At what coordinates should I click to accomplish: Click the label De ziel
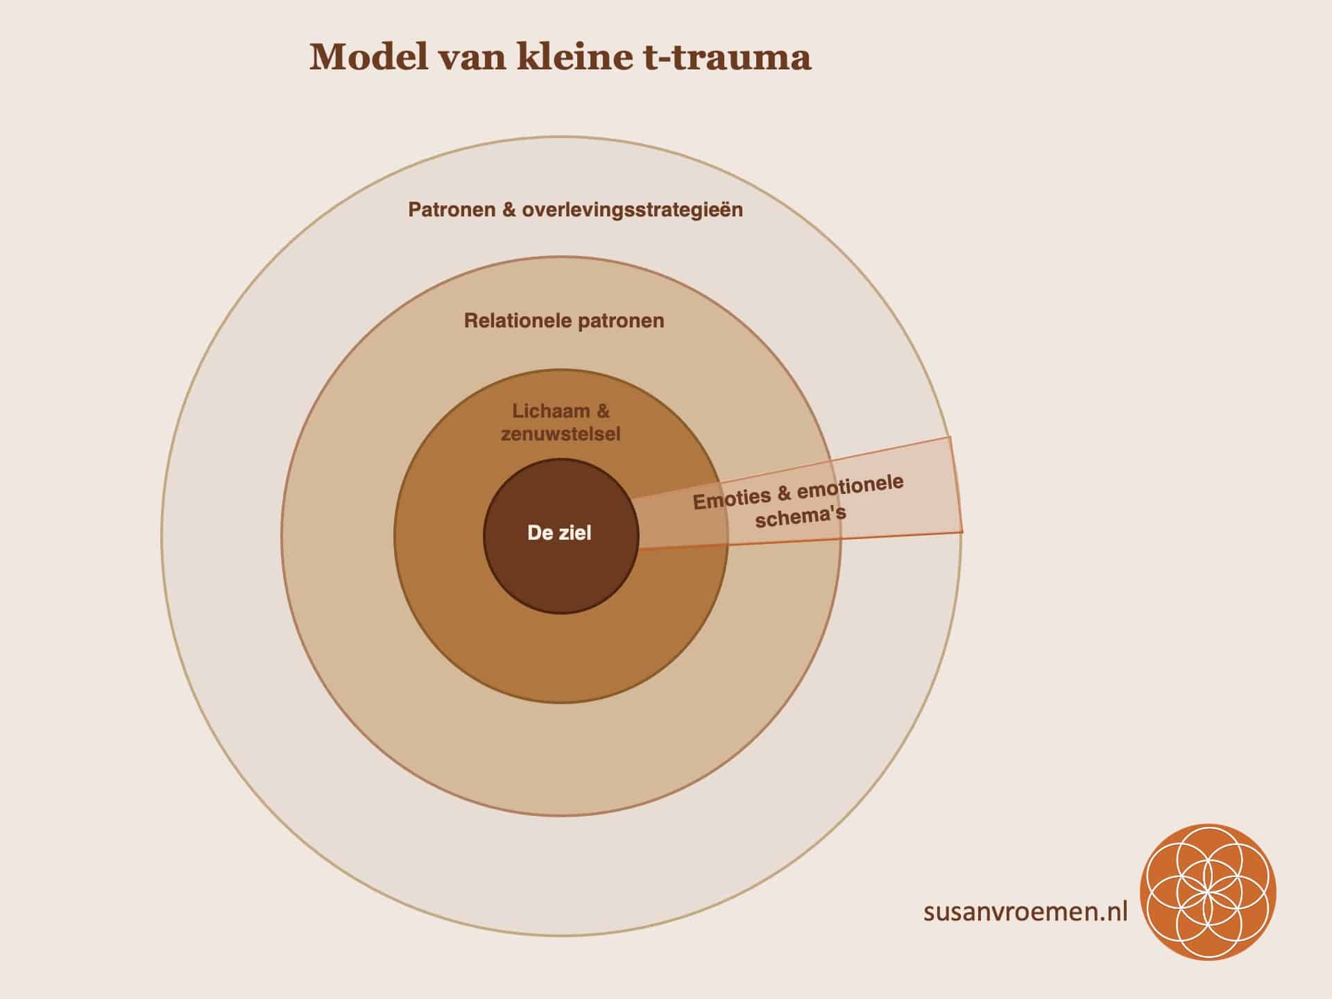click(559, 533)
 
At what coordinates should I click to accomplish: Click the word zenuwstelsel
click(561, 434)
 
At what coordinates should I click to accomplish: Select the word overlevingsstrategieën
click(632, 210)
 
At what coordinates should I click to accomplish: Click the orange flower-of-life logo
click(1208, 892)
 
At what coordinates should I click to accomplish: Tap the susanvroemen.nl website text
click(1025, 911)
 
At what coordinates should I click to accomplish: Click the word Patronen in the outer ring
click(452, 210)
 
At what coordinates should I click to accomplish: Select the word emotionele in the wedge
click(850, 486)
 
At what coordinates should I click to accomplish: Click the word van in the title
click(472, 57)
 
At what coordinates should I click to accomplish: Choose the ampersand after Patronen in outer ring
click(509, 210)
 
